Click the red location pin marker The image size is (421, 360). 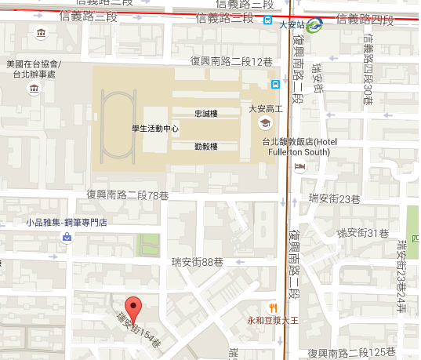pyautogui.click(x=134, y=309)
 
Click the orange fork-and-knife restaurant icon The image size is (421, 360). pyautogui.click(x=273, y=307)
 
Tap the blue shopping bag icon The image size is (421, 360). pyautogui.click(x=67, y=237)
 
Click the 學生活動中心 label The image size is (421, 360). pyautogui.click(x=154, y=128)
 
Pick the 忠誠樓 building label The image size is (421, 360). pyautogui.click(x=205, y=113)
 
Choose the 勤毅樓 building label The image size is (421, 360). pyautogui.click(x=205, y=146)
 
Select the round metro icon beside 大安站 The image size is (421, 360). pyautogui.click(x=314, y=25)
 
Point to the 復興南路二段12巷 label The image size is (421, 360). pyautogui.click(x=231, y=60)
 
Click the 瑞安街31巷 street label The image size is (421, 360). pyautogui.click(x=362, y=233)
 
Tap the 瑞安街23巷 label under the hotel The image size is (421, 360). pyautogui.click(x=334, y=198)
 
